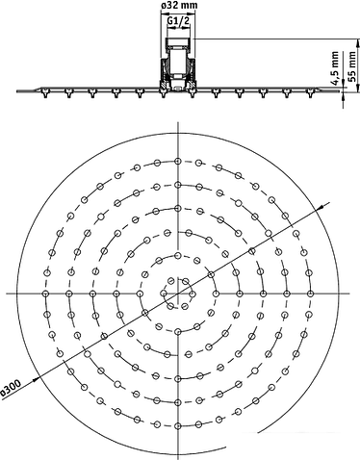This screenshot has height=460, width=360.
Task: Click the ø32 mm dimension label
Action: coord(178,5)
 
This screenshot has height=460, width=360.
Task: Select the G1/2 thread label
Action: coord(179,20)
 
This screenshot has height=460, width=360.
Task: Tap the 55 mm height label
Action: coord(352,67)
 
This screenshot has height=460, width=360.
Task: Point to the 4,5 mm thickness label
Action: coord(335,68)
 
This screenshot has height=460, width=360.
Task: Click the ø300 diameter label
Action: coord(11,388)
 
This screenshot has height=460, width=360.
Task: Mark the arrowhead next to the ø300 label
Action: coord(37,379)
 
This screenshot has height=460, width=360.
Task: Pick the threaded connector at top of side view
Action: coord(178,44)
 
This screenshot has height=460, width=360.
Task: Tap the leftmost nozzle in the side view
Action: coord(45,93)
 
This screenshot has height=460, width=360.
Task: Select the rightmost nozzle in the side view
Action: coord(310,93)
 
